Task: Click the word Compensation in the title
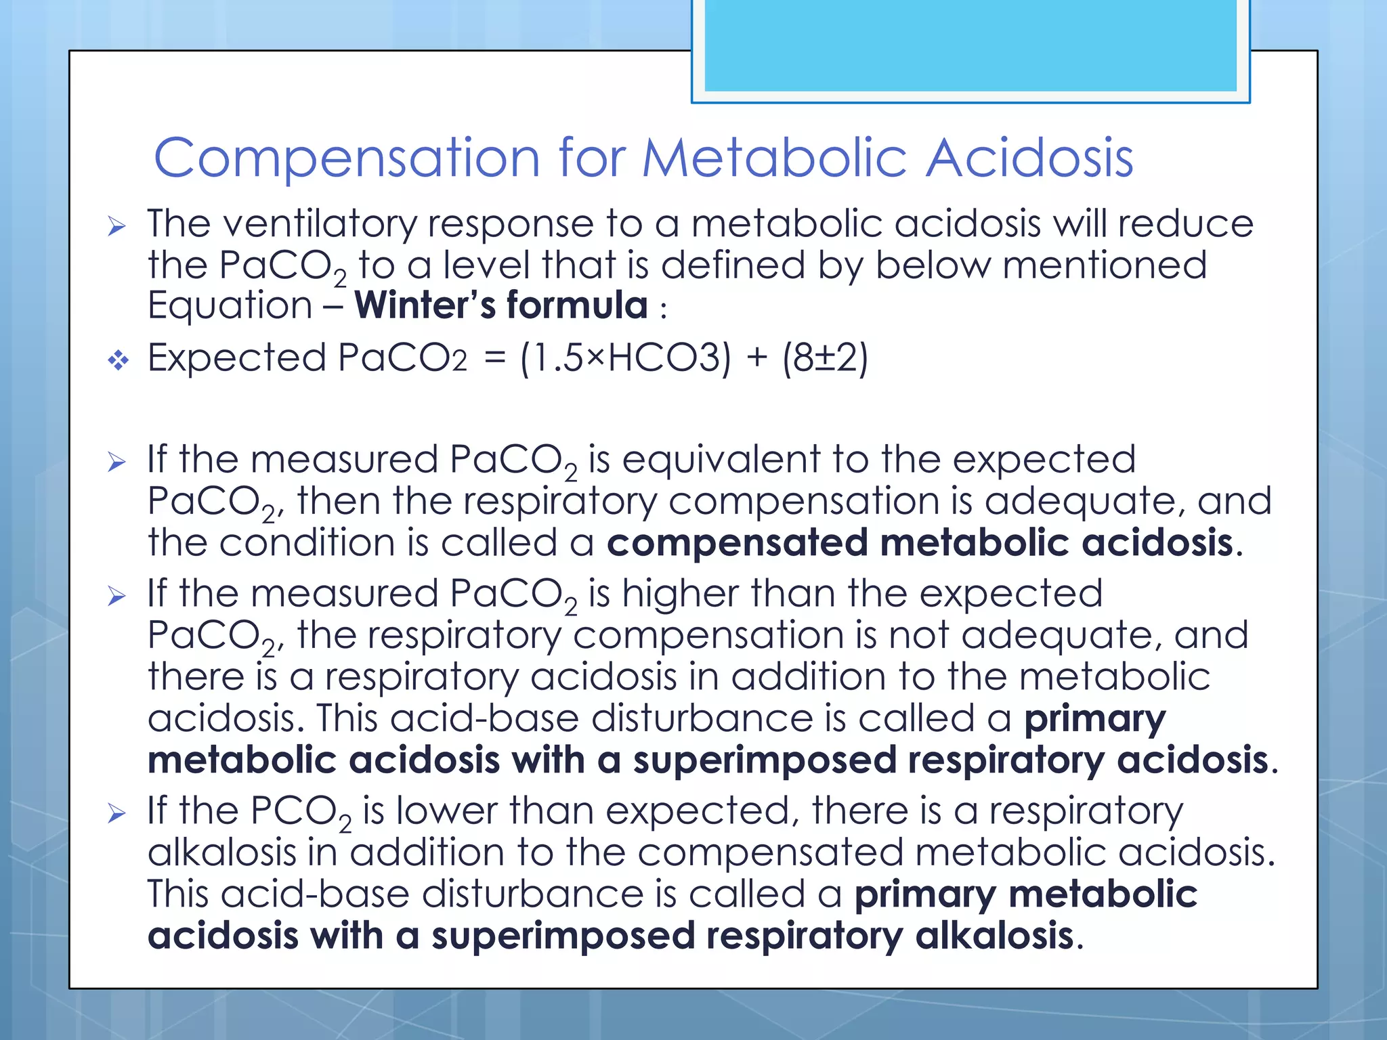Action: [x=346, y=158]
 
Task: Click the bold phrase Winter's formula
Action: [x=501, y=305]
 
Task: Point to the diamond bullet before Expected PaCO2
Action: [x=118, y=360]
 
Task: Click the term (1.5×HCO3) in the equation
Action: [x=626, y=358]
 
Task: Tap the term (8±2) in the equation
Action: [x=825, y=358]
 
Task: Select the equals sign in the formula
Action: [x=495, y=360]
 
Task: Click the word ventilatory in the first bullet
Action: [x=320, y=225]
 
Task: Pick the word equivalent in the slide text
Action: [x=721, y=460]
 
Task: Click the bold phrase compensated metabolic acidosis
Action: [x=920, y=543]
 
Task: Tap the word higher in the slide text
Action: [x=680, y=594]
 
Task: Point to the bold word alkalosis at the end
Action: [x=994, y=936]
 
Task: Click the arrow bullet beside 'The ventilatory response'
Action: [x=117, y=226]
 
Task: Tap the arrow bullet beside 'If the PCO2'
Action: [x=117, y=813]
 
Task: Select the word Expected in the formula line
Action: [x=236, y=358]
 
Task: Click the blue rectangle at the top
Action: [x=970, y=45]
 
